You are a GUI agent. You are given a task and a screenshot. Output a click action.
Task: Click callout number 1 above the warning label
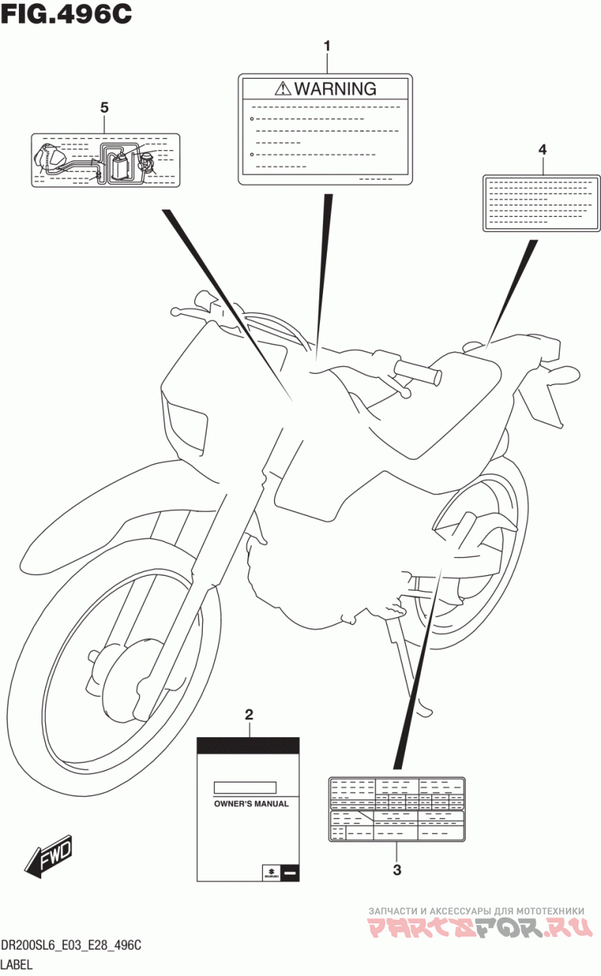pos(327,47)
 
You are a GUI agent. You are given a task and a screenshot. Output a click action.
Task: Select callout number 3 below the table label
pos(397,870)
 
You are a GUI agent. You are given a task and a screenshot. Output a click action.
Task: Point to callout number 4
pos(542,149)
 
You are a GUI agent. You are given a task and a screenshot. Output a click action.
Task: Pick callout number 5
pos(104,108)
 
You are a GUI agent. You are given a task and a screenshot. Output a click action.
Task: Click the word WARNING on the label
pos(335,89)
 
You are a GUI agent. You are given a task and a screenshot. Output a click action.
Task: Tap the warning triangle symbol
pos(282,89)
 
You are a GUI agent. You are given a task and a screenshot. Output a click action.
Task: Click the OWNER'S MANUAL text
pos(251,803)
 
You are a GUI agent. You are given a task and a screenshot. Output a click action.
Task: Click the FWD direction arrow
pos(48,856)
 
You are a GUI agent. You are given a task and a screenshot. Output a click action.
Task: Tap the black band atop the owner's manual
pos(248,745)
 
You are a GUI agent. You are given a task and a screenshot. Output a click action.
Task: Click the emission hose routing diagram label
pos(105,160)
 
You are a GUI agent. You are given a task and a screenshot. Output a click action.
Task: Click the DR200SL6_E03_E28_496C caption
pos(71,945)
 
